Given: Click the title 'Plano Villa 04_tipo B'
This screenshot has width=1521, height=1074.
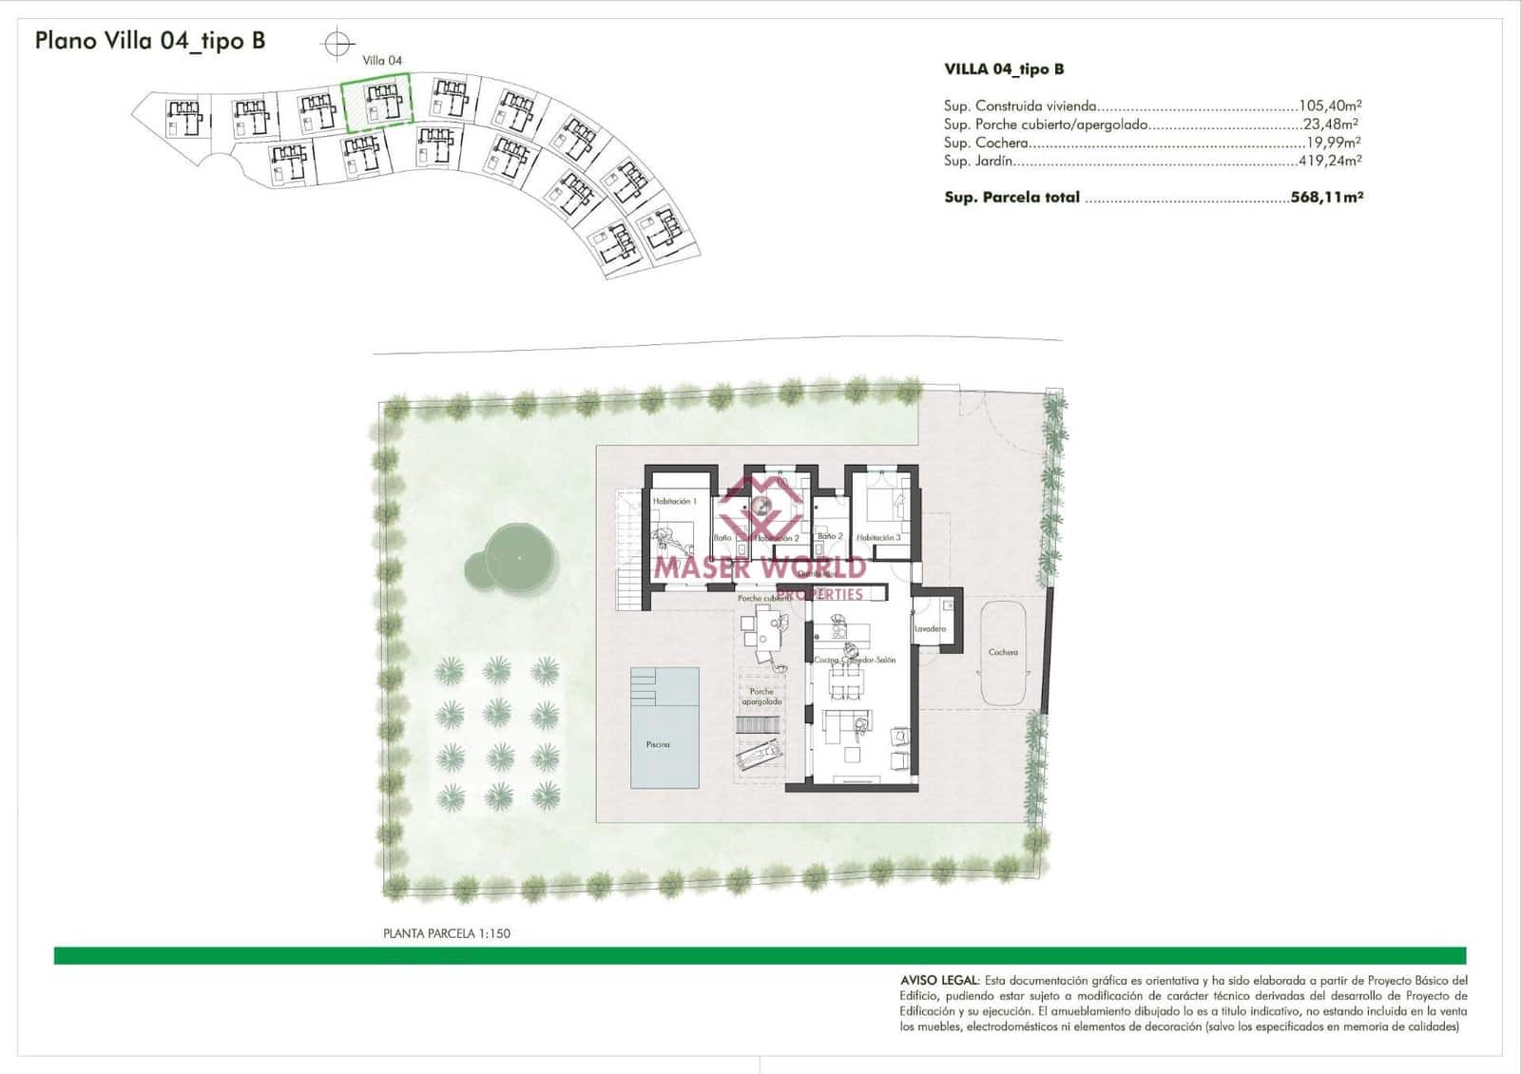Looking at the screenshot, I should point(150,41).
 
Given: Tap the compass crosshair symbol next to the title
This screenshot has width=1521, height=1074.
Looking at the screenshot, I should point(337,44).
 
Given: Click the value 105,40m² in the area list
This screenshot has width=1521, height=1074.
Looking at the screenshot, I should point(1330,106).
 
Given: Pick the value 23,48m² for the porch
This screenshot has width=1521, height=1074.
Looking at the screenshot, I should point(1330,125).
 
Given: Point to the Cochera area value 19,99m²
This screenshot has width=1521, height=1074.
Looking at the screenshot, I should point(1333,143).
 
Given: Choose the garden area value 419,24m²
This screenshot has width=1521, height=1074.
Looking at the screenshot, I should point(1330,161).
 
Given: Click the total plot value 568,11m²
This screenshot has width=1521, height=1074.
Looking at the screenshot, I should point(1327,198).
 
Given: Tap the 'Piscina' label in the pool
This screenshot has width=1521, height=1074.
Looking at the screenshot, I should point(658,744).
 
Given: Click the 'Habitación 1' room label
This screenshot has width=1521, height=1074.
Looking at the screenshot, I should point(674,501).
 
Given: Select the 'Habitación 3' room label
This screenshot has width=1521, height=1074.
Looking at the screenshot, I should point(878,538).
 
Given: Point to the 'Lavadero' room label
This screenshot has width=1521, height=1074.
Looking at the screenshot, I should point(930,629).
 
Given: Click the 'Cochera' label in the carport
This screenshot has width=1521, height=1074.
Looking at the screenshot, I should point(1003,652).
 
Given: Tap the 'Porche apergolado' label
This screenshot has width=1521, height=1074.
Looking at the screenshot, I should point(761,697).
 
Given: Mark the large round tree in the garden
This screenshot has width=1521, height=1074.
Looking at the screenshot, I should point(520,558).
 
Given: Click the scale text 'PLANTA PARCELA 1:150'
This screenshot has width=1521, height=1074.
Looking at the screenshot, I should point(447,933).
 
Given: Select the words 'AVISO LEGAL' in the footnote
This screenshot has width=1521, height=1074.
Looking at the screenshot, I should point(939,980).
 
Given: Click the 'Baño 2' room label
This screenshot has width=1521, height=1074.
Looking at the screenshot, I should point(830,536).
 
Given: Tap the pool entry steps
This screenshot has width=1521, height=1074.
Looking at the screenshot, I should point(644,686).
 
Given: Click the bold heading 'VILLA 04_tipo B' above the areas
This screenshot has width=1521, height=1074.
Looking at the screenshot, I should point(1004,69).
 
